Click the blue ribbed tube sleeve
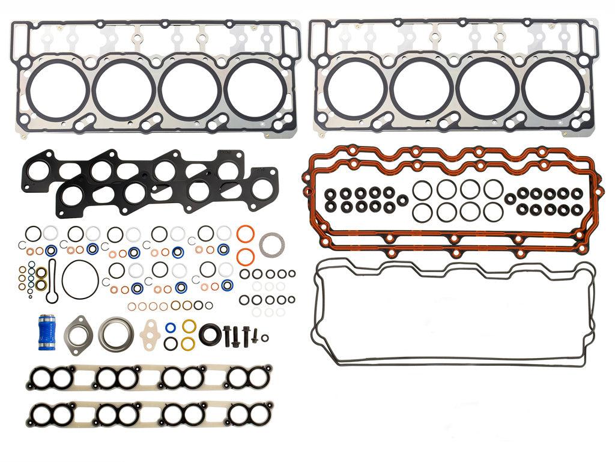point(44,331)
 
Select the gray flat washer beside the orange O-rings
point(271,245)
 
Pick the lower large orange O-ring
point(244,257)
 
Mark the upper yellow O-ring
point(189,327)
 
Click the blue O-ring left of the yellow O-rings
point(171,329)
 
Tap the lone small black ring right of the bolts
point(265,337)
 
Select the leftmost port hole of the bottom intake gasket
point(43,413)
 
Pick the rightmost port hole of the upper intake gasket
point(256,378)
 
